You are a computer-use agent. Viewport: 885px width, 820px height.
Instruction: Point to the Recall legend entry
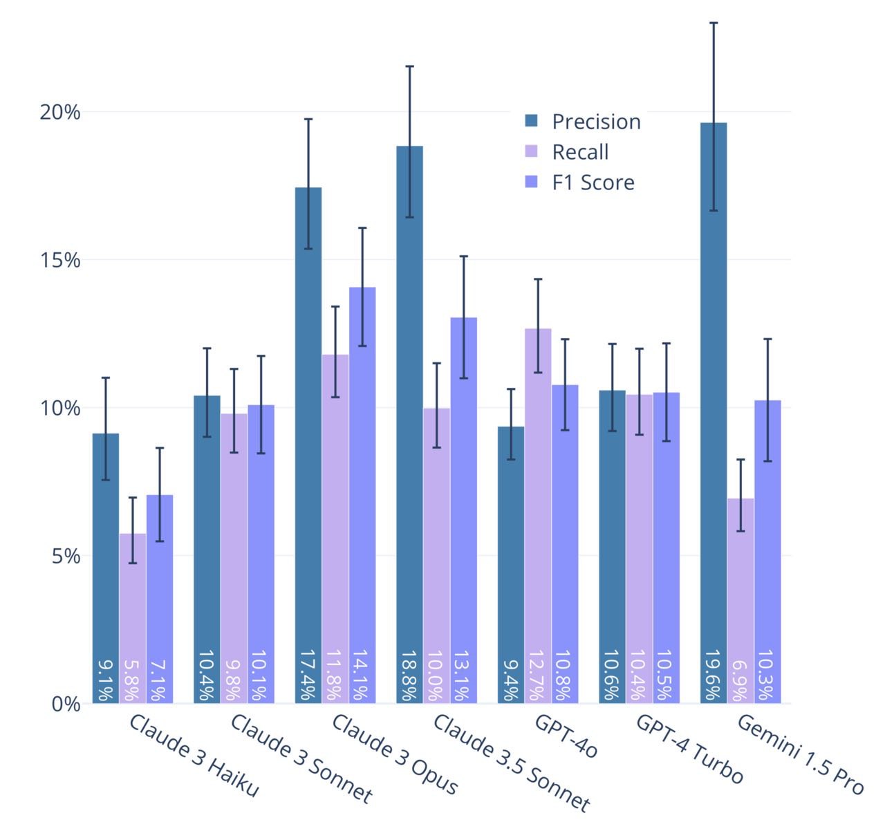click(x=579, y=152)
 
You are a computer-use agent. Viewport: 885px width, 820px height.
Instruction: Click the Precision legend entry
click(x=595, y=122)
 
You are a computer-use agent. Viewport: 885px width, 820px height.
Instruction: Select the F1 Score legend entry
click(x=593, y=183)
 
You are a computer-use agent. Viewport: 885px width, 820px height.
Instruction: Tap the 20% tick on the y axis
click(x=60, y=112)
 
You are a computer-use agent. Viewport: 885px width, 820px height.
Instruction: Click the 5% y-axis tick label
click(x=66, y=556)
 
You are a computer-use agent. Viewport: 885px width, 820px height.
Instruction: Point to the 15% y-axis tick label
click(x=60, y=260)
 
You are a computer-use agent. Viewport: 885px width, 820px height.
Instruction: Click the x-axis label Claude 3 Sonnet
click(x=301, y=758)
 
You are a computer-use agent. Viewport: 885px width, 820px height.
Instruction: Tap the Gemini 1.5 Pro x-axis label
click(x=801, y=754)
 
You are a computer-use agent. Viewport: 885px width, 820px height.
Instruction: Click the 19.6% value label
click(x=714, y=675)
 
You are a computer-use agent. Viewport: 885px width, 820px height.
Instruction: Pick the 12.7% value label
click(x=538, y=675)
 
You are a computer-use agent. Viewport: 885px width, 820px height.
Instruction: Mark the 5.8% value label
click(x=132, y=680)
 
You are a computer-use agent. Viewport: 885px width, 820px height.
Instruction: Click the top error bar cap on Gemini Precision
click(x=714, y=23)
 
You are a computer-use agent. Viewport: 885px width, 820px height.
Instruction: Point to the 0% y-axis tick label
click(x=66, y=705)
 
